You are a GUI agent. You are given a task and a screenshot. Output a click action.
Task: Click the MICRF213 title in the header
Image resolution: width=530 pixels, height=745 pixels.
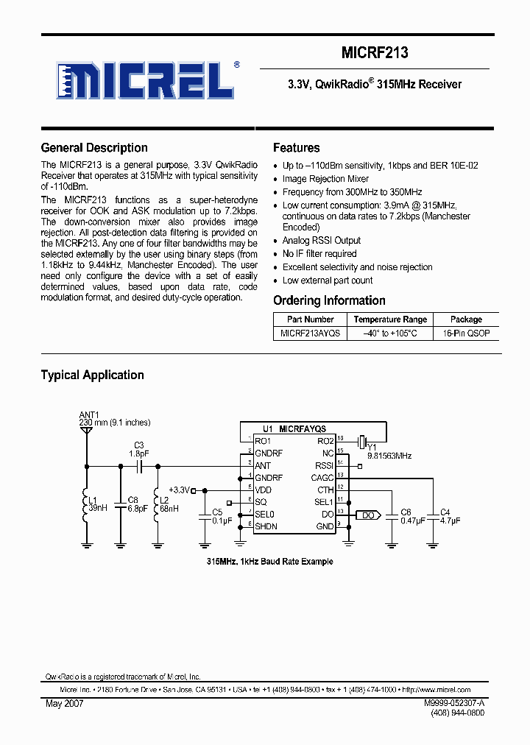[x=375, y=53]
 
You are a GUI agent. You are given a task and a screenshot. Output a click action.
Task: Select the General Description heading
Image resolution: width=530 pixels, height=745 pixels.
[x=94, y=148]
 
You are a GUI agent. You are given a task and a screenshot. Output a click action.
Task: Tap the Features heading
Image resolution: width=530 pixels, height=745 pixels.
[x=296, y=148]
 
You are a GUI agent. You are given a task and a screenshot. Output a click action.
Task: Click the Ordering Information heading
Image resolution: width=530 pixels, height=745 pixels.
[x=329, y=300]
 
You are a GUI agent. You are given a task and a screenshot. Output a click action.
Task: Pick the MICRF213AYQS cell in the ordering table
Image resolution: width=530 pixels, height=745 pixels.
[x=310, y=333]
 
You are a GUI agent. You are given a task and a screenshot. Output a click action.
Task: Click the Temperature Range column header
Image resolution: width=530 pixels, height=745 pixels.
[x=389, y=319]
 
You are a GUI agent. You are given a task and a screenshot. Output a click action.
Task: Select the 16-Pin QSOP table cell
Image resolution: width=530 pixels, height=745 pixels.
[x=466, y=333]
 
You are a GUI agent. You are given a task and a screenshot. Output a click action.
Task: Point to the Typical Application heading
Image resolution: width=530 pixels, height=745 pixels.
[x=92, y=375]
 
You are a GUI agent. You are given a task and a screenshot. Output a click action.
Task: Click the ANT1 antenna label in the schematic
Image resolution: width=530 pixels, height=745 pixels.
[x=89, y=414]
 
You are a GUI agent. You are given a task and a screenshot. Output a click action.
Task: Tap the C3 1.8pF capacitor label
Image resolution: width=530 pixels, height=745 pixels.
[x=138, y=449]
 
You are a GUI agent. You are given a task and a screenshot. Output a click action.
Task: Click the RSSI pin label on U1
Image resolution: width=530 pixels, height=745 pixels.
[x=324, y=465]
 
